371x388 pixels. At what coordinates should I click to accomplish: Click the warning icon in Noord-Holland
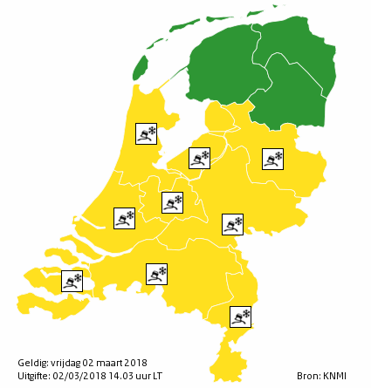[x=146, y=133]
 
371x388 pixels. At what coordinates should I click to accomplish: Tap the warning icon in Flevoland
[x=201, y=158]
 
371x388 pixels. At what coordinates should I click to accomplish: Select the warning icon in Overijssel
[x=273, y=158]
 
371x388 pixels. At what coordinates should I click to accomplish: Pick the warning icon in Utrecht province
[x=172, y=202]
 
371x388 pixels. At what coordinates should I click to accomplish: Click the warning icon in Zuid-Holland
[x=125, y=218]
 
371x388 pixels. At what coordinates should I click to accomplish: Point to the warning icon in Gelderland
[x=232, y=224]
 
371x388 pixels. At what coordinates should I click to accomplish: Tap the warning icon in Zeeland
[x=72, y=281]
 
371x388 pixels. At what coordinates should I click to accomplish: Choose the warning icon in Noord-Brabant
[x=156, y=274]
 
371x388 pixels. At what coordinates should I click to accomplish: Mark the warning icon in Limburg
[x=240, y=317]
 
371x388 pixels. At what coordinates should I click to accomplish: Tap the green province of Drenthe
[x=292, y=92]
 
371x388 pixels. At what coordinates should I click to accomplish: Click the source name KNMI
[x=333, y=376]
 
